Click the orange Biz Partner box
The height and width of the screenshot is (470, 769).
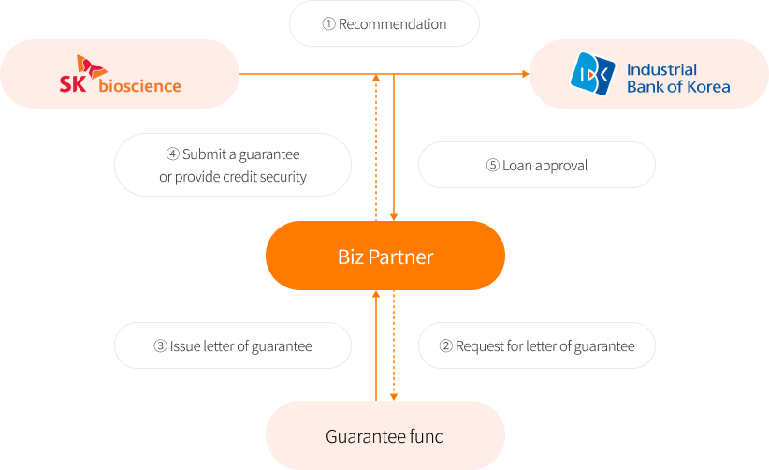pyautogui.click(x=384, y=256)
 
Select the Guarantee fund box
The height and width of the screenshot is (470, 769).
pyautogui.click(x=384, y=435)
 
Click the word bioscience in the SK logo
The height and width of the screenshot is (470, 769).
pyautogui.click(x=139, y=86)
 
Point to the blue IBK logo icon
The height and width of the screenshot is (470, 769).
pyautogui.click(x=593, y=74)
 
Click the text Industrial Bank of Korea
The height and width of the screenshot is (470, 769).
pyautogui.click(x=677, y=79)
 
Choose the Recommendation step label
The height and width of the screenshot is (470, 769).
pyautogui.click(x=392, y=24)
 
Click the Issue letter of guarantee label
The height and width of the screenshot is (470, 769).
pyautogui.click(x=240, y=346)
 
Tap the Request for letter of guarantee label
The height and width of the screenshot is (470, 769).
pyautogui.click(x=544, y=346)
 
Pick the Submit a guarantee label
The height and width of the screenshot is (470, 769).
pyautogui.click(x=240, y=154)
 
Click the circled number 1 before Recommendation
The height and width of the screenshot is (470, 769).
pyautogui.click(x=328, y=24)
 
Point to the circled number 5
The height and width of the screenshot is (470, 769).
pyautogui.click(x=493, y=166)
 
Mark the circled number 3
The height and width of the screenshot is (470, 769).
pyautogui.click(x=160, y=346)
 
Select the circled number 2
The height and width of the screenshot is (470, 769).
pyautogui.click(x=446, y=346)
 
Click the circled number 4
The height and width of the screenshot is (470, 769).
pyautogui.click(x=173, y=154)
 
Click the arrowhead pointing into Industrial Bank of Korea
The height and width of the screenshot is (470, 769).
pyautogui.click(x=524, y=74)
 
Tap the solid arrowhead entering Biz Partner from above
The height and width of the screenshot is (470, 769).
pyautogui.click(x=394, y=216)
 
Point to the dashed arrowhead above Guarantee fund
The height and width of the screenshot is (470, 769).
pyautogui.click(x=394, y=394)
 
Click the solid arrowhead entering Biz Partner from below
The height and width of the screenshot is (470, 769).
pyautogui.click(x=376, y=295)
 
